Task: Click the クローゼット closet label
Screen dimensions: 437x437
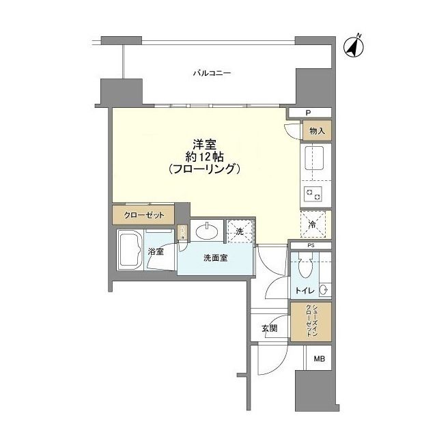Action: point(144,215)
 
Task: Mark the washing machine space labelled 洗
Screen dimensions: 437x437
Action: point(239,231)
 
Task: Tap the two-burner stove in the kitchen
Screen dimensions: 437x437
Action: point(315,194)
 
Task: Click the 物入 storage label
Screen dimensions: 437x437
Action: point(316,130)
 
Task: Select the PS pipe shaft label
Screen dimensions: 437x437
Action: point(310,244)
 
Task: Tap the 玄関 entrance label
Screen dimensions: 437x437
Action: point(269,328)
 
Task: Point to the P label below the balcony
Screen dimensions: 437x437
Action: point(309,113)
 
